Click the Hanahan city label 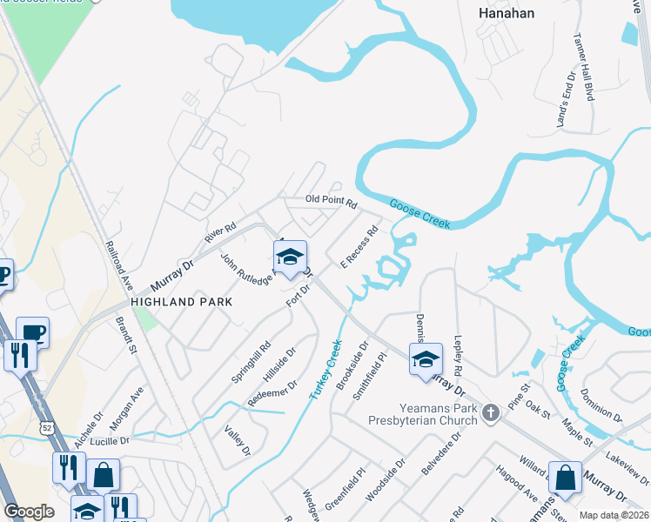(507, 13)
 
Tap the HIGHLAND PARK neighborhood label (182, 301)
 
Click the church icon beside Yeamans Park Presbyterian (491, 412)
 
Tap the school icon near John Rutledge (290, 256)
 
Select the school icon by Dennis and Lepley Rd (426, 359)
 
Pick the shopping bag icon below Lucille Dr (103, 476)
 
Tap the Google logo (30, 511)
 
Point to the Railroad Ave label (117, 266)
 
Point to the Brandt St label (127, 335)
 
